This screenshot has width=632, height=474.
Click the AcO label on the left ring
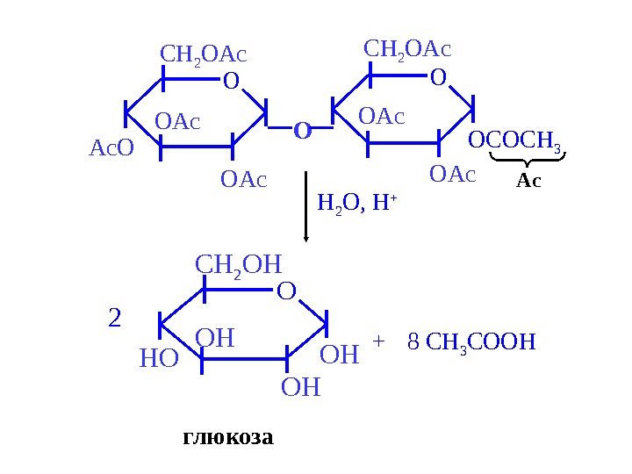click(111, 148)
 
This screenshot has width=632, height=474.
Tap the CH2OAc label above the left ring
click(204, 55)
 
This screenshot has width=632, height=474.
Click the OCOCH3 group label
click(514, 140)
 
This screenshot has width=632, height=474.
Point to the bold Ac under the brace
click(528, 181)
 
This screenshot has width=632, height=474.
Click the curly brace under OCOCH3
click(528, 160)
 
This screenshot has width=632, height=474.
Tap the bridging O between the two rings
click(303, 132)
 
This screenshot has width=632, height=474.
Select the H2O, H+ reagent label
click(356, 204)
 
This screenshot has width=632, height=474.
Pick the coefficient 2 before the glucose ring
click(114, 318)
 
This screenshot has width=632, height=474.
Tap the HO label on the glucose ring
click(159, 358)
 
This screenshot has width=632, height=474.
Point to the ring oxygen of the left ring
click(231, 83)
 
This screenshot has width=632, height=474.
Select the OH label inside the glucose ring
click(215, 338)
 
